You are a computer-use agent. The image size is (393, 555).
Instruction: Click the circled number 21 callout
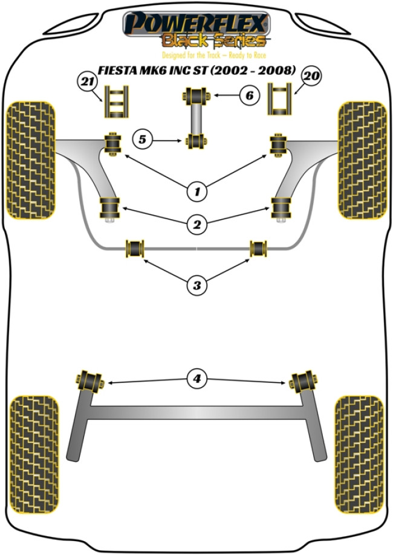[x=86, y=81]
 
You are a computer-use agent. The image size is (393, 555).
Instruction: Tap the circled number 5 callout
[x=142, y=140]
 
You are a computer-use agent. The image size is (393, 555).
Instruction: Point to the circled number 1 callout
[x=196, y=192]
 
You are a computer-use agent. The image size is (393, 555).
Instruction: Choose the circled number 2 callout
[x=196, y=225]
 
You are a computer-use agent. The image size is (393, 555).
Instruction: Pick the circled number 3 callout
[x=196, y=285]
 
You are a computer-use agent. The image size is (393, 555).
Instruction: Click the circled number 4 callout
[x=196, y=379]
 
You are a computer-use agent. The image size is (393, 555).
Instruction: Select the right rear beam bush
[x=304, y=381]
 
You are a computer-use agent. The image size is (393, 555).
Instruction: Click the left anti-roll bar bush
[x=135, y=248]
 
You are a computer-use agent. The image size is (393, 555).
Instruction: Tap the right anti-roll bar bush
[x=259, y=248]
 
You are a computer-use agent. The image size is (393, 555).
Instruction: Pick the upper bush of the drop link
[x=196, y=95]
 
